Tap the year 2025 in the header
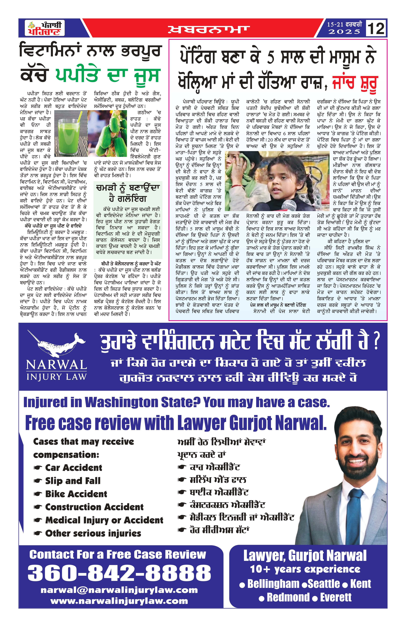click(344, 32)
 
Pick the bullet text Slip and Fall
click(73, 481)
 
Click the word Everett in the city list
click(336, 597)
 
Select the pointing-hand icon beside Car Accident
click(38, 468)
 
